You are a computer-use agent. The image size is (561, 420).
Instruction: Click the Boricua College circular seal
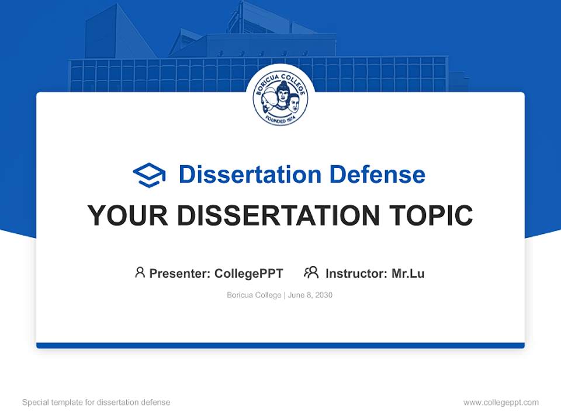click(280, 99)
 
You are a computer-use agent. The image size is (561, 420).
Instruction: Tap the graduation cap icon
click(149, 175)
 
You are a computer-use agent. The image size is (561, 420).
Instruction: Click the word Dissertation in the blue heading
click(250, 174)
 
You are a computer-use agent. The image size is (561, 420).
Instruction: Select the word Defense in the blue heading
click(377, 174)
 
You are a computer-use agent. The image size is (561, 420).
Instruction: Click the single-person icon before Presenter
click(140, 272)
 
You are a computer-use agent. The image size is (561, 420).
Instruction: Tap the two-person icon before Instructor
click(311, 272)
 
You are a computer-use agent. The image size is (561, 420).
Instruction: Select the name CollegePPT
click(249, 274)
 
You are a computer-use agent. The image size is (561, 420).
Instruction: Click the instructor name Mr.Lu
click(408, 274)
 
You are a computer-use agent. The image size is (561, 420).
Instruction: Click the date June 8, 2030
click(310, 295)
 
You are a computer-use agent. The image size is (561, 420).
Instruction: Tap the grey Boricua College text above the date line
click(254, 295)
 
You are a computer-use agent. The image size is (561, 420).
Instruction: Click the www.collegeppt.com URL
click(501, 402)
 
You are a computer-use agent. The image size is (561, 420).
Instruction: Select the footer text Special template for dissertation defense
click(96, 402)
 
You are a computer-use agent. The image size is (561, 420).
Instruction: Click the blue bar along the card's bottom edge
click(280, 345)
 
